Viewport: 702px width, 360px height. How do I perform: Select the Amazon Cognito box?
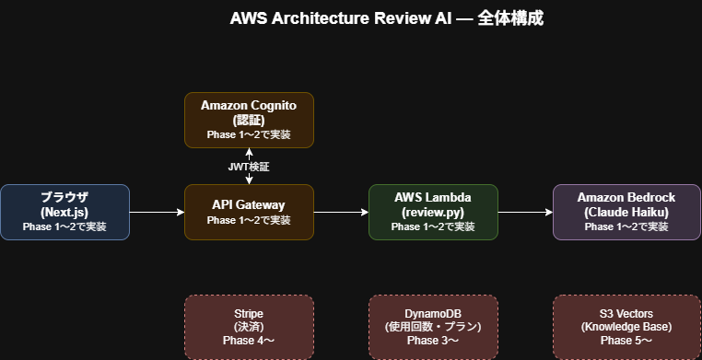pos(249,120)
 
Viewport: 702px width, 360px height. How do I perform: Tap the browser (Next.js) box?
pos(64,212)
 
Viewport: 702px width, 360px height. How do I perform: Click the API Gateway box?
pos(249,212)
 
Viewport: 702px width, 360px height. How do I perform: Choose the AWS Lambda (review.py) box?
pos(433,212)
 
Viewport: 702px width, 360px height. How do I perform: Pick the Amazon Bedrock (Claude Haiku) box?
pos(626,212)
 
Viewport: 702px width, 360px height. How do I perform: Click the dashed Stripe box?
pos(249,327)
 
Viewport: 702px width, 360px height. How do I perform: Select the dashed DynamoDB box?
pos(433,327)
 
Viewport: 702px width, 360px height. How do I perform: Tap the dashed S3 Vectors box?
pos(626,327)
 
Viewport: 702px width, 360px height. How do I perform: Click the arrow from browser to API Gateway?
pos(157,212)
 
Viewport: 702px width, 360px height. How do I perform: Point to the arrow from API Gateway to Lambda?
pos(341,212)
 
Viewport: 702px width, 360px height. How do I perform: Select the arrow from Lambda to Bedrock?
pos(525,212)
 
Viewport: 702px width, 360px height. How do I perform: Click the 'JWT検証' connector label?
pos(249,167)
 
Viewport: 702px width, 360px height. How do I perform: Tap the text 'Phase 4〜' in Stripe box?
pos(249,341)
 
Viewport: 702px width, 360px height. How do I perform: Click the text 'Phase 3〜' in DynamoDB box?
pos(433,341)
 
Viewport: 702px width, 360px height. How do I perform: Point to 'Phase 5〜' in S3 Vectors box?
pos(626,341)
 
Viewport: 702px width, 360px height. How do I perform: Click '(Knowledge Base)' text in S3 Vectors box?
pos(626,327)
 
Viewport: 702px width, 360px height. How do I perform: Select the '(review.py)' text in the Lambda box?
pos(433,212)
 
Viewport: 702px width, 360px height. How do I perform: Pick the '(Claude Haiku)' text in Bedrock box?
pos(626,212)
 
